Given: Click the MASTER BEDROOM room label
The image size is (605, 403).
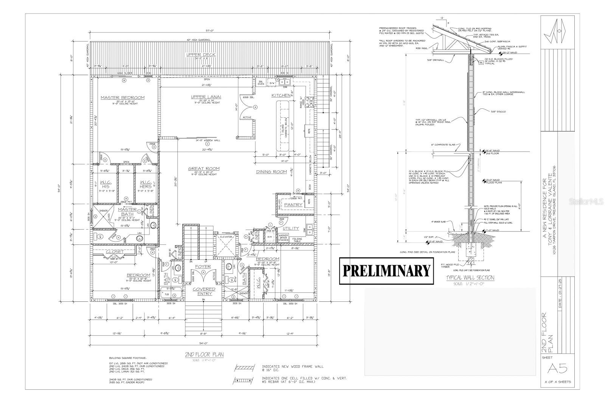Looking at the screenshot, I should click(123, 98).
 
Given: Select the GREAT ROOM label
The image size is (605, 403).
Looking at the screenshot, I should click(205, 168).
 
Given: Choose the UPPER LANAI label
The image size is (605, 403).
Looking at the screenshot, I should click(206, 97).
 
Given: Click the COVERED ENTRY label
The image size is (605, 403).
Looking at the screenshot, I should click(205, 291).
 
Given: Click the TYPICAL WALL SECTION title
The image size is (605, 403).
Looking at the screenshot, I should click(470, 278).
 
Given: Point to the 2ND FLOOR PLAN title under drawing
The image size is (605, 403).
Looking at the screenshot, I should click(204, 354).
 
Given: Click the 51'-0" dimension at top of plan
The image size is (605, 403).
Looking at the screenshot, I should click(210, 31).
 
